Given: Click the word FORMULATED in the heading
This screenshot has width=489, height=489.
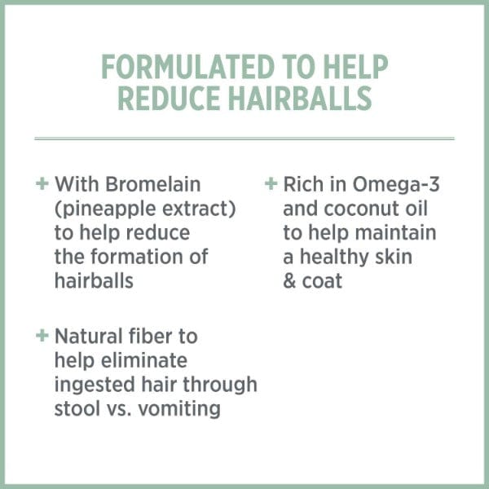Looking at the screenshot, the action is (187, 67).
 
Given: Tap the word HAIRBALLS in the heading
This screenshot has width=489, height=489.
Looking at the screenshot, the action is (300, 99).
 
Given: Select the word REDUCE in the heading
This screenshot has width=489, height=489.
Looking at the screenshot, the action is (169, 99).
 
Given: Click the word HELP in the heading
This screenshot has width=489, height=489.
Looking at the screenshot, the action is (355, 67).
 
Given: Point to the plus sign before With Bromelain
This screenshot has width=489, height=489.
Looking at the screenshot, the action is (42, 183).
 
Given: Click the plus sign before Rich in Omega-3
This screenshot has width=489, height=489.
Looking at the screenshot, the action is (271, 183).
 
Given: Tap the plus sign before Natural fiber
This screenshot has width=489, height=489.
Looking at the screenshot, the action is (42, 336).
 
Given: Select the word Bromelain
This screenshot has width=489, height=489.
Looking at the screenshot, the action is (153, 184).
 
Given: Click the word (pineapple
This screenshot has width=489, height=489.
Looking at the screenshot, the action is (105, 209).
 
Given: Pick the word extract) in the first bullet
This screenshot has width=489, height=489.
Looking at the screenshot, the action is (199, 209).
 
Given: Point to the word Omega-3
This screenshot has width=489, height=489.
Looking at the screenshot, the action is (396, 184).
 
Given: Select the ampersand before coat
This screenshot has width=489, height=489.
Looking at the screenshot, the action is (289, 281).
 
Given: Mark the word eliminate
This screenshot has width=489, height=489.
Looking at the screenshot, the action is (144, 360).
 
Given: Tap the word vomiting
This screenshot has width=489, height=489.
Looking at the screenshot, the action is (179, 409).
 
